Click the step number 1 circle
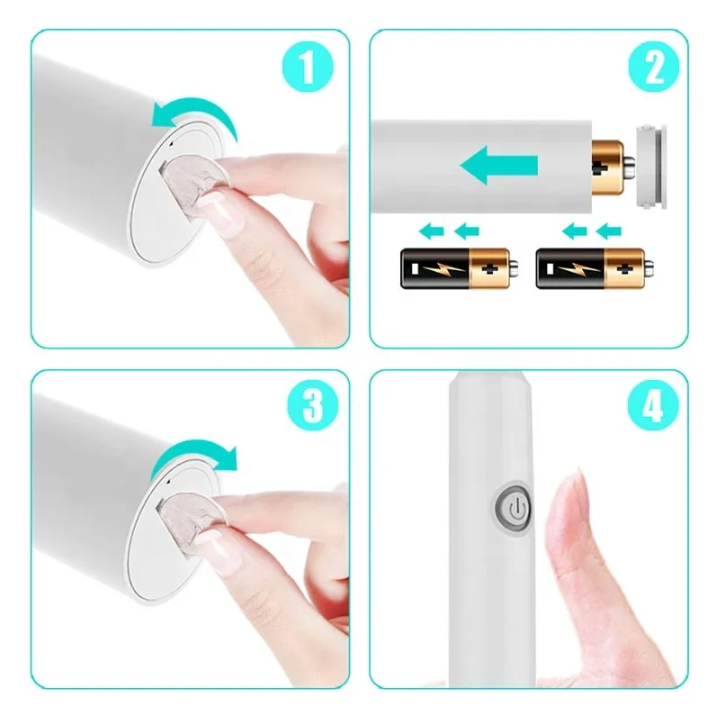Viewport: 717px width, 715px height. tap(308, 67)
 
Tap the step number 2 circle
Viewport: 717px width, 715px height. tap(654, 67)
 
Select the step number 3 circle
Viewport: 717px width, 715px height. tap(313, 404)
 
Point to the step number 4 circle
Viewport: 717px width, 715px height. tap(653, 404)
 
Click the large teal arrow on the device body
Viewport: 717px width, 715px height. tap(499, 166)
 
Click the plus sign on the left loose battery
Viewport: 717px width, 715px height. tap(489, 268)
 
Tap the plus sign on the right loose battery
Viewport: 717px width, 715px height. tap(623, 268)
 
